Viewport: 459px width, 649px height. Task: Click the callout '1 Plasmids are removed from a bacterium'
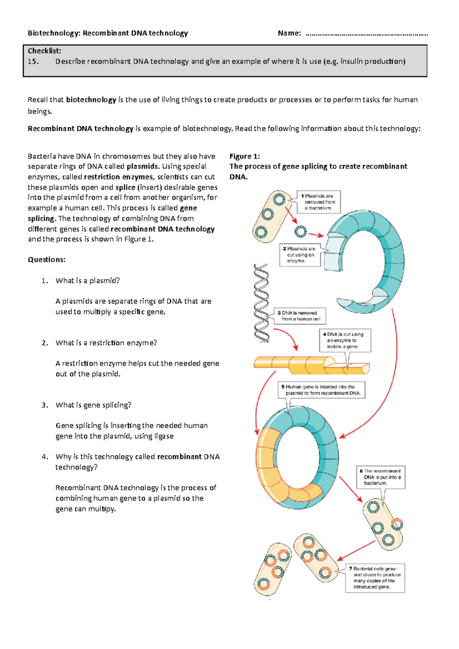318,202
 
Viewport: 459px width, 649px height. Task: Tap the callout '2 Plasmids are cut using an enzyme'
300,255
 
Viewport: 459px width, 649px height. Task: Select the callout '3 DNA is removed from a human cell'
300,316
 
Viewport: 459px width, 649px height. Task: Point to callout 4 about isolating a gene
345,340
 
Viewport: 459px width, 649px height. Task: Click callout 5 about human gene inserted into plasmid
321,390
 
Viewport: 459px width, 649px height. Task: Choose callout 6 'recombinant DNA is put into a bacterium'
380,477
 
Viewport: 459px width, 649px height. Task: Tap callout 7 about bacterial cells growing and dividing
375,578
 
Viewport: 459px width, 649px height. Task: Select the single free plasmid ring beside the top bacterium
301,231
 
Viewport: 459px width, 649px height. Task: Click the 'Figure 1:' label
244,156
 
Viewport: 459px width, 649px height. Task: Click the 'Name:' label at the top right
289,33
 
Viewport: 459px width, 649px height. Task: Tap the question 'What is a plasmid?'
88,281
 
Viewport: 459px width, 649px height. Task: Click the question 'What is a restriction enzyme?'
106,343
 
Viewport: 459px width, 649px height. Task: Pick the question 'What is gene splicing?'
93,405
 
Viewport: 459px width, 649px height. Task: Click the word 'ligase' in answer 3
164,436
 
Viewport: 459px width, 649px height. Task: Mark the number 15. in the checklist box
33,62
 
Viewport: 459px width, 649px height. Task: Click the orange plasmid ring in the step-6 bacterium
397,524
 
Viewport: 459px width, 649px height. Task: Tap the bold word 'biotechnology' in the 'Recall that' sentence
91,100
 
